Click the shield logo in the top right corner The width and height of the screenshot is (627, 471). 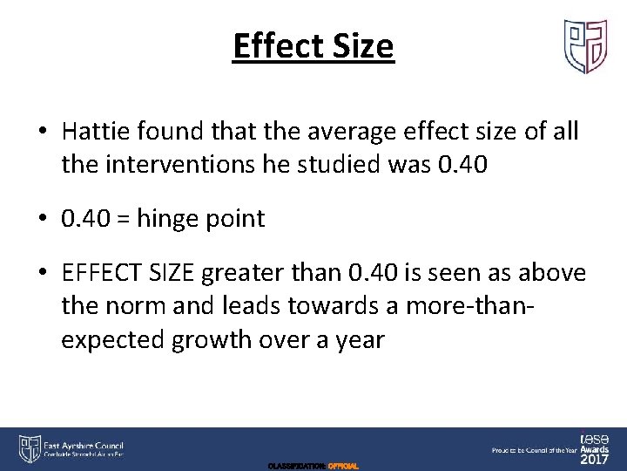[585, 46]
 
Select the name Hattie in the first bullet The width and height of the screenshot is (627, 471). [93, 132]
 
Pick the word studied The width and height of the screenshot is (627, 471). [331, 164]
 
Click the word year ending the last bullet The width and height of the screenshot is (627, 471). [359, 338]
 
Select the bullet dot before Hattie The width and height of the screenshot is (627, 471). [43, 133]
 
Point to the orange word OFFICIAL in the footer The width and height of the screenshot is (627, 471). [343, 467]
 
